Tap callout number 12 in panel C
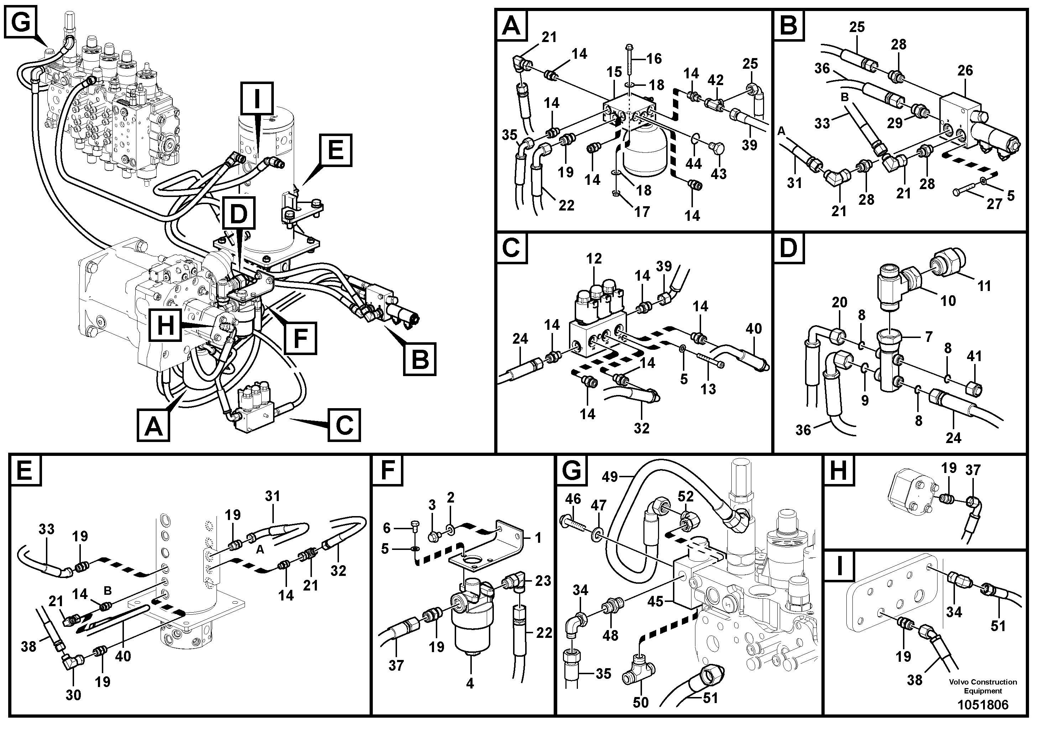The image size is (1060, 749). [x=594, y=259]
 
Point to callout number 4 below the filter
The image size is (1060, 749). [x=470, y=683]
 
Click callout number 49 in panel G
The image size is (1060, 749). [x=610, y=477]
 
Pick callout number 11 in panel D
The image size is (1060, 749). [x=984, y=286]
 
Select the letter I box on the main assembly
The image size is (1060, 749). [x=257, y=98]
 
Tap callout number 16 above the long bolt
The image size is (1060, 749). [x=654, y=59]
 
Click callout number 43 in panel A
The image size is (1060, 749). [x=719, y=174]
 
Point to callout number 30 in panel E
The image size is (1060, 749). [x=73, y=695]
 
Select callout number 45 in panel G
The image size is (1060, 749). [x=655, y=601]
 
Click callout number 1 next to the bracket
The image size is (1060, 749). [x=538, y=537]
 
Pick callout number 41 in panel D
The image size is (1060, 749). [x=974, y=357]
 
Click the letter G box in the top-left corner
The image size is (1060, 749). [x=20, y=22]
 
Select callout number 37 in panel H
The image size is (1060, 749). [x=973, y=470]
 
